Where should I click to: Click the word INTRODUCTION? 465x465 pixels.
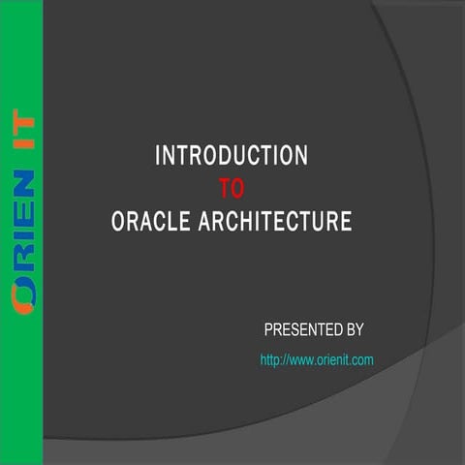[232, 155]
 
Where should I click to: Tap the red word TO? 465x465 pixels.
[232, 187]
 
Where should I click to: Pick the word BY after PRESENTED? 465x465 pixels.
[355, 329]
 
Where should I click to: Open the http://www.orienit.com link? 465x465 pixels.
[317, 359]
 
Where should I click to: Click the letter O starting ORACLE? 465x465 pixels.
[118, 221]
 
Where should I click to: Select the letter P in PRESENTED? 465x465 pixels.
[268, 329]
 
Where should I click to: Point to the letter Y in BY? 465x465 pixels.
[359, 329]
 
